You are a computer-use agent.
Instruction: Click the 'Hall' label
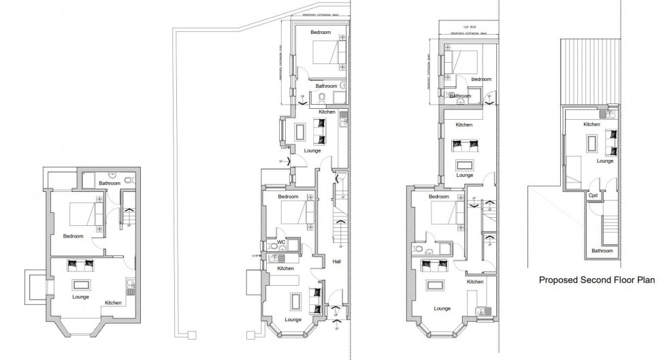[337, 261]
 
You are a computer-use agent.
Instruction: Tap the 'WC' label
[280, 242]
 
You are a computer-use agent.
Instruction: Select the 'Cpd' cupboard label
[593, 196]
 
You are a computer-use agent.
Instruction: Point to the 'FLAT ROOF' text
[469, 28]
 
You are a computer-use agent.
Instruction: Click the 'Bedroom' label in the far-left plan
[73, 236]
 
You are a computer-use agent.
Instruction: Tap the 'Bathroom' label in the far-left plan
[109, 183]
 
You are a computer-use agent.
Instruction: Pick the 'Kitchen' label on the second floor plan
[591, 125]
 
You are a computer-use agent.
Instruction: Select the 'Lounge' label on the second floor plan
[605, 161]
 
